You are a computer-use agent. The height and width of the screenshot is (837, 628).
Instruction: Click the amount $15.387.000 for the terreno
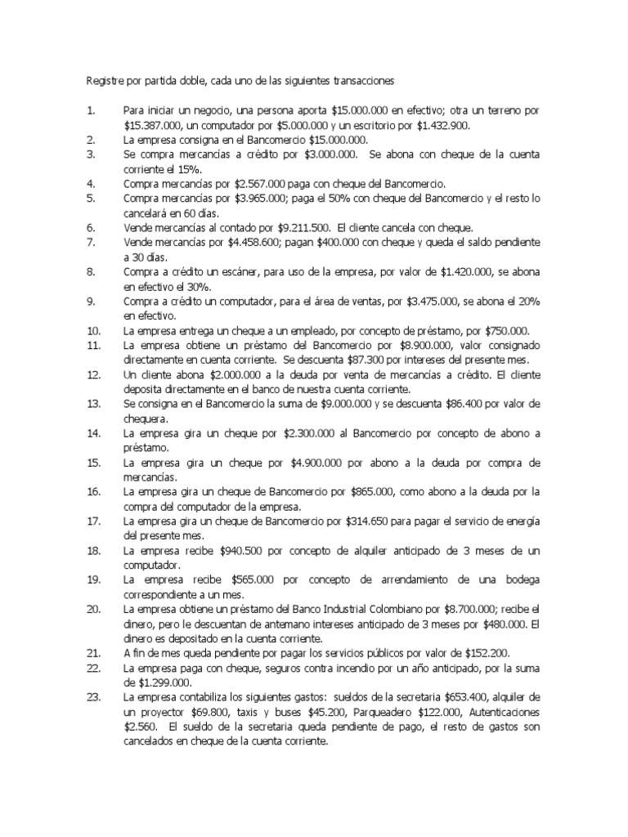coord(153,125)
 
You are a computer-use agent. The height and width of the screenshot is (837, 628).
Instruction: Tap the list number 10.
coord(93,330)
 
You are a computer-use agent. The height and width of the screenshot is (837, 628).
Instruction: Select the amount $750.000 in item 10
coord(505,330)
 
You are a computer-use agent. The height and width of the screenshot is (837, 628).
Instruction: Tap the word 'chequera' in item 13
coord(145,418)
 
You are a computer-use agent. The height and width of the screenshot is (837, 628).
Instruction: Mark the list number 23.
coord(93,698)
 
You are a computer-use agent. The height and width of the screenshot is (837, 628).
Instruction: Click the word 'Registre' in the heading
coord(105,81)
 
